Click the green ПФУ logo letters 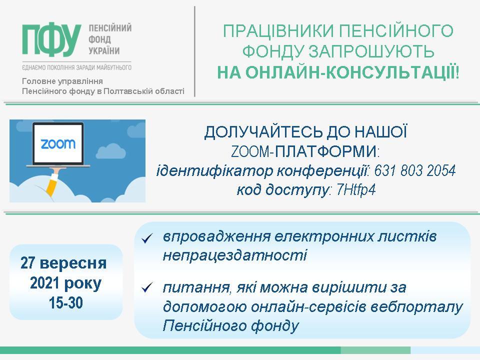tap(51, 40)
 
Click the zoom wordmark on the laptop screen tap(58, 143)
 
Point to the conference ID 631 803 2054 tap(415, 170)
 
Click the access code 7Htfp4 tap(355, 190)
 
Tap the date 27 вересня tap(63, 263)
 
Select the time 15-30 tap(66, 303)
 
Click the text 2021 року tap(65, 283)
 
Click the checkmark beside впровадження tap(147, 238)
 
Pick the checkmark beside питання tap(147, 288)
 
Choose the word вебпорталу tap(416, 306)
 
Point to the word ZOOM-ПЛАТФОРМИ tap(304, 151)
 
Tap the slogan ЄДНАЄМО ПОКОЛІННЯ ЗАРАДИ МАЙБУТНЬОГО tap(76, 67)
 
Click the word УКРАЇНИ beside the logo tap(104, 51)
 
